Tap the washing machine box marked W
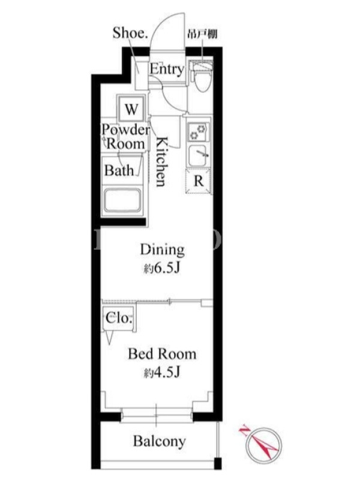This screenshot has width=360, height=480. [x=131, y=109]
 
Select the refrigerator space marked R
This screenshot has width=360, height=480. [x=199, y=181]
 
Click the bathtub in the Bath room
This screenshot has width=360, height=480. [x=122, y=200]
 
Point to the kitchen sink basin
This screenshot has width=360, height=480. [x=199, y=156]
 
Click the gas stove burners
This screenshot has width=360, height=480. [x=199, y=131]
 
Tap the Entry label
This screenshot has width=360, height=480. [x=167, y=69]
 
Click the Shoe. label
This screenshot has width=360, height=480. [x=130, y=33]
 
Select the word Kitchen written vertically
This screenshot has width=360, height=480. [x=162, y=161]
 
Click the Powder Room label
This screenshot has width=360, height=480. [x=125, y=137]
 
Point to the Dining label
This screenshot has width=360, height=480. [x=163, y=250]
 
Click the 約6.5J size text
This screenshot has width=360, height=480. [x=161, y=268]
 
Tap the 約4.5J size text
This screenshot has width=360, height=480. [x=161, y=373]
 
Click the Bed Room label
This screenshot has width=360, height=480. [x=162, y=354]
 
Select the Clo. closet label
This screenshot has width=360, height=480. [x=119, y=319]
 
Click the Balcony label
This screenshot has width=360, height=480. [x=159, y=442]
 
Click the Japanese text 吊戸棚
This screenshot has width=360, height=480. [x=202, y=34]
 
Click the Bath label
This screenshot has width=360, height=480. [x=119, y=170]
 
